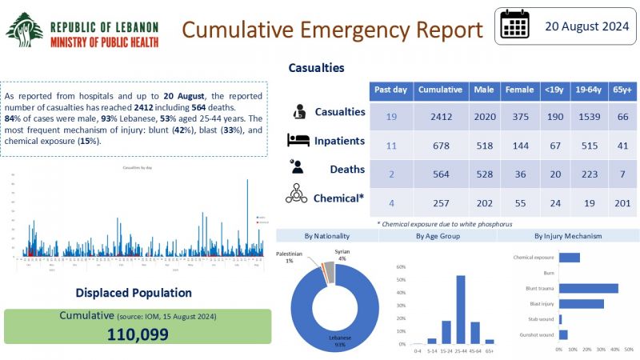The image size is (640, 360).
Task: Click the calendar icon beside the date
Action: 515,26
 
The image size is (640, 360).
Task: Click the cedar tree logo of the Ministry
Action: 25,30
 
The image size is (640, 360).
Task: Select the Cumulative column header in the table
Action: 437,90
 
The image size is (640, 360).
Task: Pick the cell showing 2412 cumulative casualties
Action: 437,117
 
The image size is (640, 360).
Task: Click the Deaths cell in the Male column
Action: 482,169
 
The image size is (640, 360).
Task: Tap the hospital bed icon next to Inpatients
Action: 298,141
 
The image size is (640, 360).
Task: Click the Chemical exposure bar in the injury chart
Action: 569,257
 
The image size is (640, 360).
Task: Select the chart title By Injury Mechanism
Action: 567,236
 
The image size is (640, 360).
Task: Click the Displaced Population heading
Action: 134,293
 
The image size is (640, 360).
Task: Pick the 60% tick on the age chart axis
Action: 402,268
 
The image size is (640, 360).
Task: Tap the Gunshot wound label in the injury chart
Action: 536,334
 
